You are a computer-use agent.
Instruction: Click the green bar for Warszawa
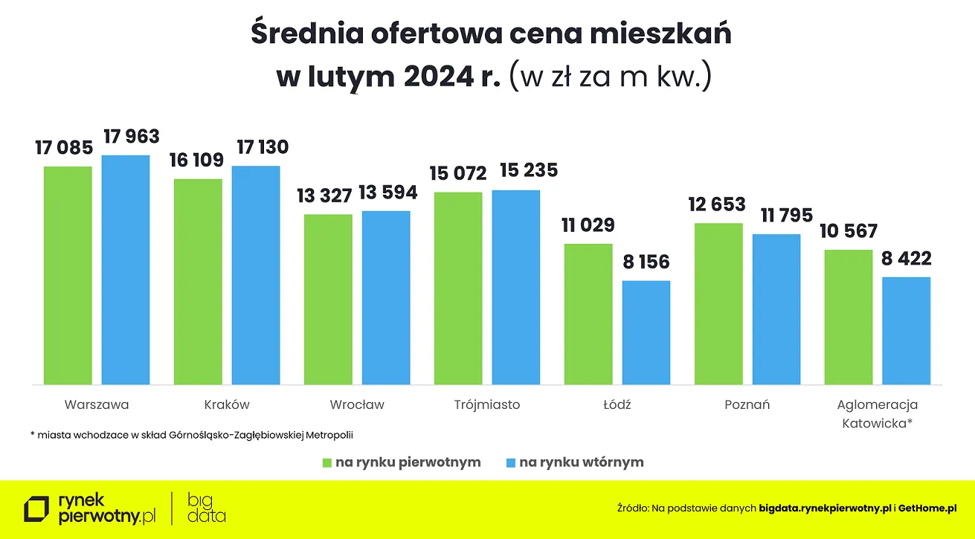(x=68, y=275)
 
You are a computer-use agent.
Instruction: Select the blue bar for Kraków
(x=256, y=275)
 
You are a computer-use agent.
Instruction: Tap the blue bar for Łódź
(x=646, y=332)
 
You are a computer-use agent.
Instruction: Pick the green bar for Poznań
(x=718, y=303)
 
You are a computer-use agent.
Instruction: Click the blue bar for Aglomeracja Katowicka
(x=907, y=331)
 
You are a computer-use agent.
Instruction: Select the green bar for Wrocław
(x=328, y=299)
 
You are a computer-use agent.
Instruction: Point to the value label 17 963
(x=132, y=137)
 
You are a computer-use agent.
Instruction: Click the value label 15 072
(x=458, y=174)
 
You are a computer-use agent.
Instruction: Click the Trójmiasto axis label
(x=487, y=405)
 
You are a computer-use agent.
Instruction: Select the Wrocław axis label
(x=357, y=405)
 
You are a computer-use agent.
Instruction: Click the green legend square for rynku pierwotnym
(x=326, y=462)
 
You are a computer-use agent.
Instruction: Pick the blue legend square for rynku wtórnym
(x=510, y=462)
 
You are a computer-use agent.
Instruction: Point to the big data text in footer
(x=207, y=509)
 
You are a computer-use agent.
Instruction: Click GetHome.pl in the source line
(x=927, y=509)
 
